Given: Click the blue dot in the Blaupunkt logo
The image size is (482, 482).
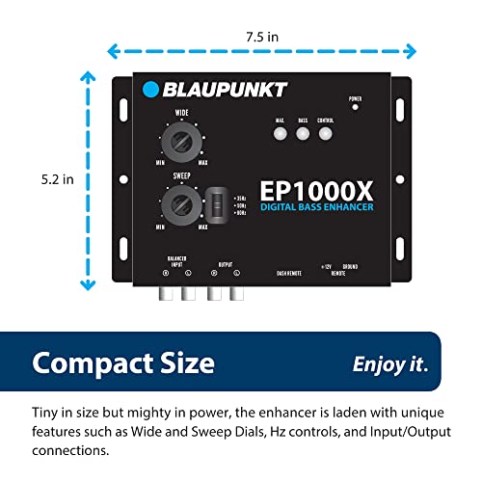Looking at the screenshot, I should click(x=150, y=90).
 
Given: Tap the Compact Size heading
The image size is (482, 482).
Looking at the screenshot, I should click(x=122, y=363).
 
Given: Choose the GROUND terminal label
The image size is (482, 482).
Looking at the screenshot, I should click(x=349, y=265).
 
